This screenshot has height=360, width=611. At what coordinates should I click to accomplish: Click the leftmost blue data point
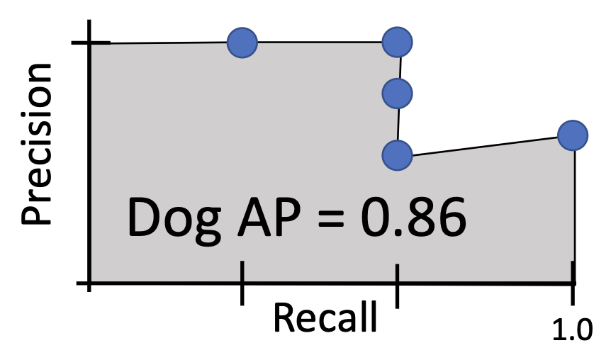[242, 43]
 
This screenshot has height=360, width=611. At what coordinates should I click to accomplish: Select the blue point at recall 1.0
[572, 135]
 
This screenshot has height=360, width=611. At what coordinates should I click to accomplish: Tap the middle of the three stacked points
[397, 91]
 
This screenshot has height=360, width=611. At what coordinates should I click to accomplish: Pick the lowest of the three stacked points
[397, 154]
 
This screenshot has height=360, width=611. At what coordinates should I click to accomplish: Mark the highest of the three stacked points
[398, 43]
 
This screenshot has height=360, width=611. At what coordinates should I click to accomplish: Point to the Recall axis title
[325, 318]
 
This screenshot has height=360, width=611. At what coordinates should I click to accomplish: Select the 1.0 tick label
[571, 330]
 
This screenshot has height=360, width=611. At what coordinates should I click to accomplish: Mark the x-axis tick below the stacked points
[397, 285]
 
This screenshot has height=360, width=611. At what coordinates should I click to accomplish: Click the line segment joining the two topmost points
[319, 43]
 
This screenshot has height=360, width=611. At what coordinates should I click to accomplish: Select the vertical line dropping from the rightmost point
[574, 213]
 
